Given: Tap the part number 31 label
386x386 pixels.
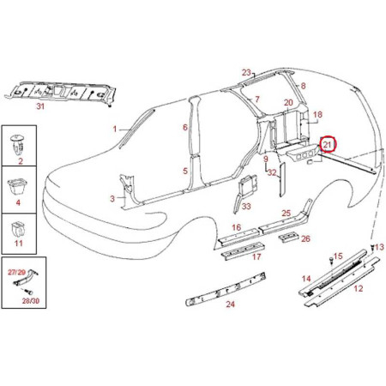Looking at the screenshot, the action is coord(40,106).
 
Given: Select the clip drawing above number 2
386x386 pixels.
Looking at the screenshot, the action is coord(19,145).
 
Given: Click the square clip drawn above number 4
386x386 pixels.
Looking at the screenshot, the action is coord(18,186).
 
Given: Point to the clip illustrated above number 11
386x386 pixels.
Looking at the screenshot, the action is coord(18,229).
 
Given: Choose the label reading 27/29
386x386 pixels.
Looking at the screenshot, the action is coord(17,272).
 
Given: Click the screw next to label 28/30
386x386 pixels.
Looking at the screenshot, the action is coord(28,292).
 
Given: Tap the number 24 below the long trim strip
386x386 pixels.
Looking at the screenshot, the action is coord(230,305).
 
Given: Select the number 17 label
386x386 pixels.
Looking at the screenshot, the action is coord(256,256).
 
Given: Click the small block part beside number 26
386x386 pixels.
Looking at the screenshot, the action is coord(288,238).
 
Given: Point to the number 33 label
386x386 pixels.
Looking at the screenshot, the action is coord(246,206).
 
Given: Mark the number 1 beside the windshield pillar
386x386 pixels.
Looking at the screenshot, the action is coord(115,130).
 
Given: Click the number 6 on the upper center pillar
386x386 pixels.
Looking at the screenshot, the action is coord(185,128).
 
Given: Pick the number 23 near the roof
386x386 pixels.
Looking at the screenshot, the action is coord(246,73).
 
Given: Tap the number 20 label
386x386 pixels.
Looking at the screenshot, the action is coord(288,102).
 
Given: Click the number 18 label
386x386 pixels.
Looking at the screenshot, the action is coord(317,115).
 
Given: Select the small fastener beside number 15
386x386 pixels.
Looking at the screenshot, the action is coord(330,261).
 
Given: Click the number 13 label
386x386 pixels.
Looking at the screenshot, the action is coord(379,247).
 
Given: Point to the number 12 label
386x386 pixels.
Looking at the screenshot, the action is coord(359,288).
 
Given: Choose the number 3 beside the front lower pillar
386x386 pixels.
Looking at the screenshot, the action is coord(112,198).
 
